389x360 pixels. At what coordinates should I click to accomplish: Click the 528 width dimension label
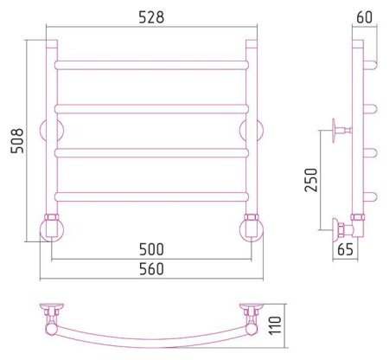(x=151, y=17)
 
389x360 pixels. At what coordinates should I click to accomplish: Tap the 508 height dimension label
(x=17, y=140)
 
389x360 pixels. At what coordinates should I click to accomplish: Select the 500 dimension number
(x=151, y=249)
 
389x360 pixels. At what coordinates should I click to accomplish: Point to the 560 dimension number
(x=151, y=269)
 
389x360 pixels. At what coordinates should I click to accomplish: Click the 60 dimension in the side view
(x=365, y=17)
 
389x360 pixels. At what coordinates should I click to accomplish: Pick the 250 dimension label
(x=311, y=180)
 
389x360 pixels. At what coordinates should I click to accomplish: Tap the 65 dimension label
(x=345, y=249)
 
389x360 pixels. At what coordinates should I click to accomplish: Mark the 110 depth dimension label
(x=275, y=325)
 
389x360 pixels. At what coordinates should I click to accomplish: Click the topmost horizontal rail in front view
(x=151, y=65)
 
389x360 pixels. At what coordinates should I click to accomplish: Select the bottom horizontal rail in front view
(x=151, y=196)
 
